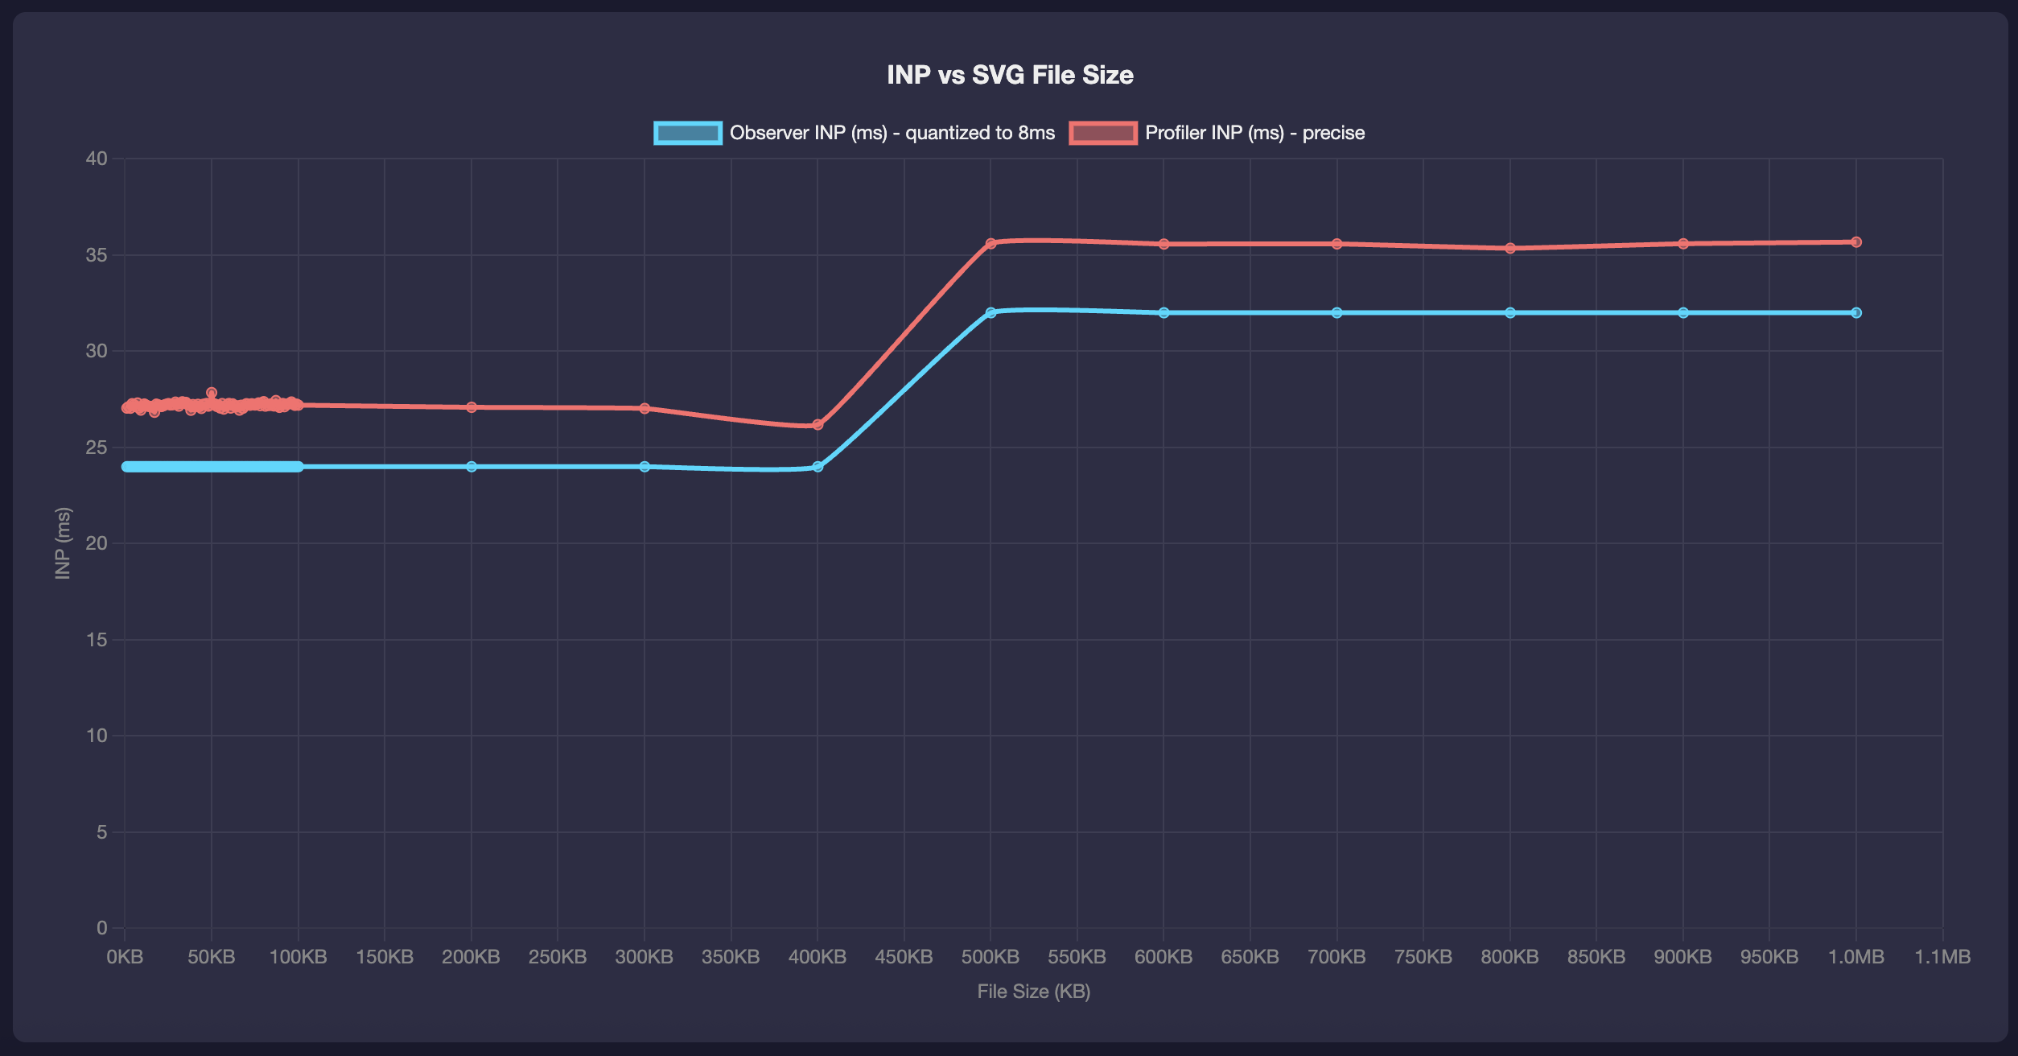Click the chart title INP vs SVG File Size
tap(1010, 75)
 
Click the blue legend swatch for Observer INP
tap(687, 133)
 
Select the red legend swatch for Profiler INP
tap(1102, 133)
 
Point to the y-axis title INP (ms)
tap(63, 543)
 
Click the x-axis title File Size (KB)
tap(1033, 992)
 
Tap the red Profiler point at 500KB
tap(990, 243)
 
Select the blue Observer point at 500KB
tap(990, 312)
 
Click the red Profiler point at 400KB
tap(817, 424)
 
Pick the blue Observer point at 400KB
tap(817, 467)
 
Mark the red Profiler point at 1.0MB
tap(1856, 241)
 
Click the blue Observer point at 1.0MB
tap(1856, 312)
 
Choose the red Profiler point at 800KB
tap(1510, 248)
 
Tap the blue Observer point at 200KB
tap(472, 467)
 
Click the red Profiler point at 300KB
tap(645, 408)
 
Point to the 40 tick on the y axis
tap(97, 159)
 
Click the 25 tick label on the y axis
tap(97, 448)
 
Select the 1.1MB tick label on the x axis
tap(1942, 957)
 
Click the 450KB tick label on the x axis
tap(904, 957)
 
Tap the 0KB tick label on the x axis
tap(125, 957)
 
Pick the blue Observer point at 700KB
tap(1336, 312)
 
